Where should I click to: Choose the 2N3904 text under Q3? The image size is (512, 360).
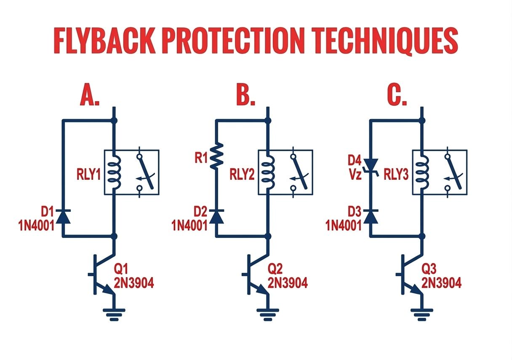(x=441, y=283)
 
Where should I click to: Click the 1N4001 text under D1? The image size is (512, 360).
(x=36, y=226)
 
